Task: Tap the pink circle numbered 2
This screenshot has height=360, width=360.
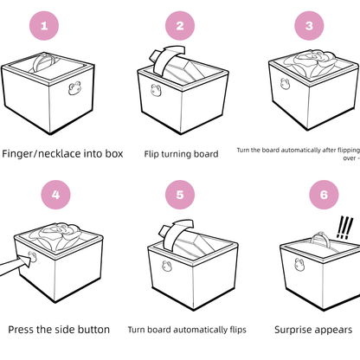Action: point(180,25)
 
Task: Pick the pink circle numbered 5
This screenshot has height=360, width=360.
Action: point(180,195)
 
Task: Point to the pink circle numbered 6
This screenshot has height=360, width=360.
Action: point(323,195)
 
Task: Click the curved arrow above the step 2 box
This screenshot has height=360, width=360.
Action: point(162,61)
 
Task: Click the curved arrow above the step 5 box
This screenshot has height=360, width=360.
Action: point(175,229)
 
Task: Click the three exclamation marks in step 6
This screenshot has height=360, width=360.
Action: point(345,227)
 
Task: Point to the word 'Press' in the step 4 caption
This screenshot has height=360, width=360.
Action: point(24,329)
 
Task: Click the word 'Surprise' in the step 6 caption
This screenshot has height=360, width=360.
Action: point(295,329)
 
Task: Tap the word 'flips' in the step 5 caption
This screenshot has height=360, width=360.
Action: point(235,329)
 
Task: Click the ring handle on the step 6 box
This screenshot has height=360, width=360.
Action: point(325,233)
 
